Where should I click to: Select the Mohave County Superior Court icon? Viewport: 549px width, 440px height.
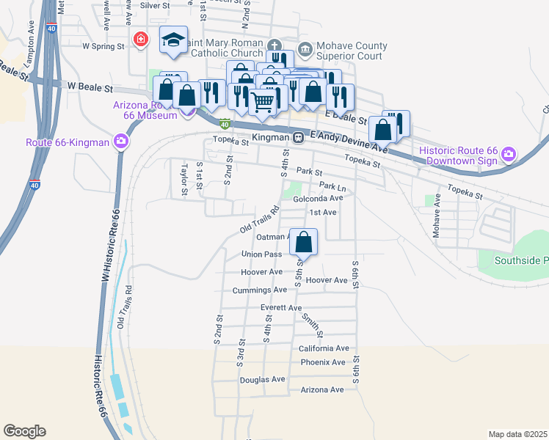tap(305, 50)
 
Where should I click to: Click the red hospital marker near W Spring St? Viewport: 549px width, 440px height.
tap(139, 39)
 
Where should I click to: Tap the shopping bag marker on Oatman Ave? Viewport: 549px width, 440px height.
tap(304, 241)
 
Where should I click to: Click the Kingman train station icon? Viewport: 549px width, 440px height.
tap(299, 137)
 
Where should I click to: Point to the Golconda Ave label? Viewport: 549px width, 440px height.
tap(318, 198)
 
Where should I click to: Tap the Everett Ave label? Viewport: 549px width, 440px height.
tap(281, 308)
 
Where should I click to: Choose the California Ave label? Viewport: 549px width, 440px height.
tap(324, 348)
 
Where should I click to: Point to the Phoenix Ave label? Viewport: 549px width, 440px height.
tap(322, 362)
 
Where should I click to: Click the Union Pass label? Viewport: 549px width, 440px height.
tap(262, 254)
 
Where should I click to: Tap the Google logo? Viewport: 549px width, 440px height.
tap(24, 431)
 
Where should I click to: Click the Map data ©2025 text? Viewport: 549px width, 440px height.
tap(517, 435)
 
